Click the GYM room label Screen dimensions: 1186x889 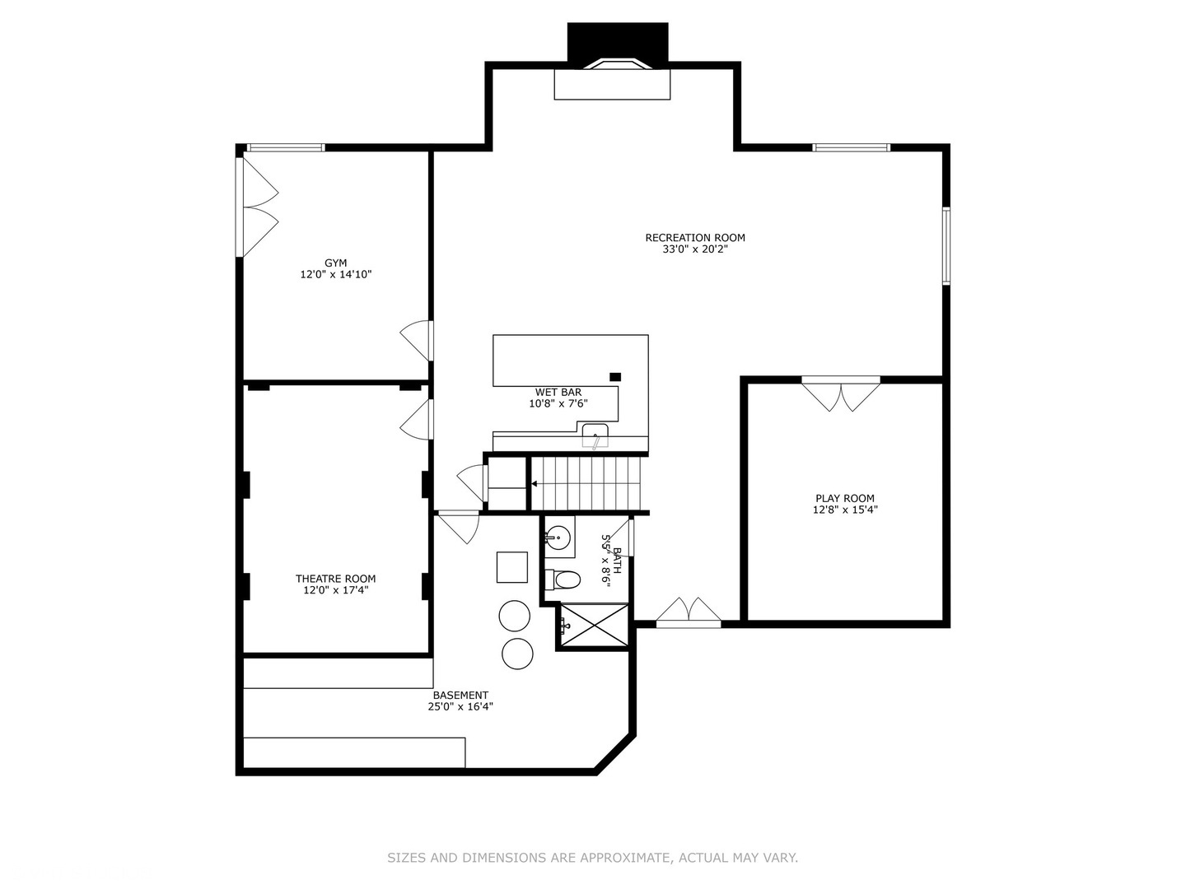pos(335,263)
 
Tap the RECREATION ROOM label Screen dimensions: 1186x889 pos(695,238)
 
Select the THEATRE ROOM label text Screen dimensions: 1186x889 pos(335,579)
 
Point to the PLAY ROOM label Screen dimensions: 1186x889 pos(844,499)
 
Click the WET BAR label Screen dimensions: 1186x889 pos(558,393)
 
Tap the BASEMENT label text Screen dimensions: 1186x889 pos(460,696)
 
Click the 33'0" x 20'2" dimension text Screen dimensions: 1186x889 pos(695,249)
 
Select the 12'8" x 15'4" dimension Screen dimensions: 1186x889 pos(844,510)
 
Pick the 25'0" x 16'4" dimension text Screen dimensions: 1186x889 pos(460,706)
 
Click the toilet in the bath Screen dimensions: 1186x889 pos(563,580)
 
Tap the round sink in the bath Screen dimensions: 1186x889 pos(557,537)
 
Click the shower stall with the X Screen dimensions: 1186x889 pos(595,625)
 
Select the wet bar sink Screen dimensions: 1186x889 pos(595,435)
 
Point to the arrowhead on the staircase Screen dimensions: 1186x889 pos(534,484)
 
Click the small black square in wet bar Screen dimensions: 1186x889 pos(615,377)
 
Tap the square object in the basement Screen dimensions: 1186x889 pos(511,567)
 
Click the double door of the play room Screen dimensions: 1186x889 pos(841,394)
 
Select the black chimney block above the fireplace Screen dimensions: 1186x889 pos(618,42)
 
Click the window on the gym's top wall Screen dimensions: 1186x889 pos(286,147)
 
